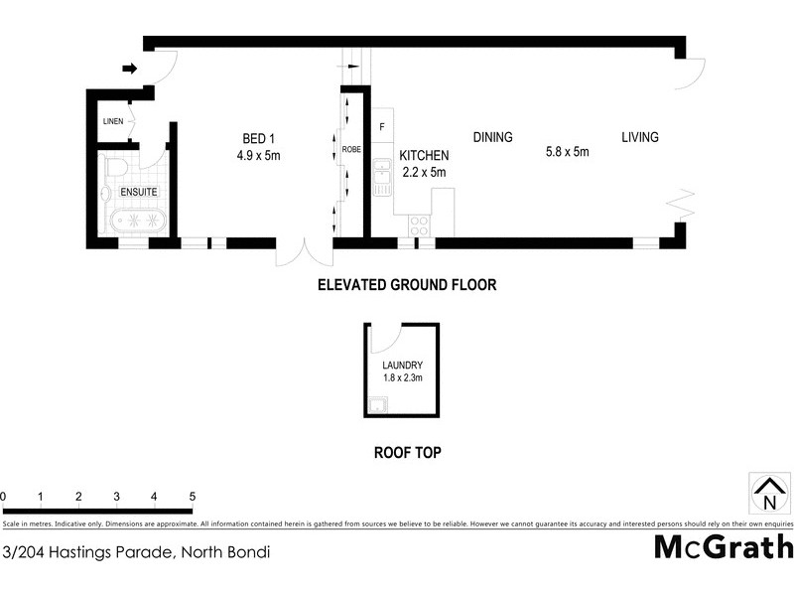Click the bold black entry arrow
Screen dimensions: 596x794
(129, 69)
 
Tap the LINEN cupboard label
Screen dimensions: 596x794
(111, 121)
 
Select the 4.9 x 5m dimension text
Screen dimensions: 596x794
(260, 155)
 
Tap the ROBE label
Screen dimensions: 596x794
(351, 150)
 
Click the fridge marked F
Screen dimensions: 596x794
(382, 127)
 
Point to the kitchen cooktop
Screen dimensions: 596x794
(418, 224)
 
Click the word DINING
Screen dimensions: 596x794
(492, 137)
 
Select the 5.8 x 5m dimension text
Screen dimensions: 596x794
(567, 152)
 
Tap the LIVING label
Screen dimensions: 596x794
(640, 137)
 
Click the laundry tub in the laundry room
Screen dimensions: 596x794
(377, 404)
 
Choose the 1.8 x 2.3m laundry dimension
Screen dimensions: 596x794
(403, 377)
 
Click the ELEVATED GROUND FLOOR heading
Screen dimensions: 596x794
(406, 284)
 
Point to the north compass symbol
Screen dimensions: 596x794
(768, 494)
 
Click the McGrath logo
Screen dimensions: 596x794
(724, 547)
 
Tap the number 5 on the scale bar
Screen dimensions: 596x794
(192, 496)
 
